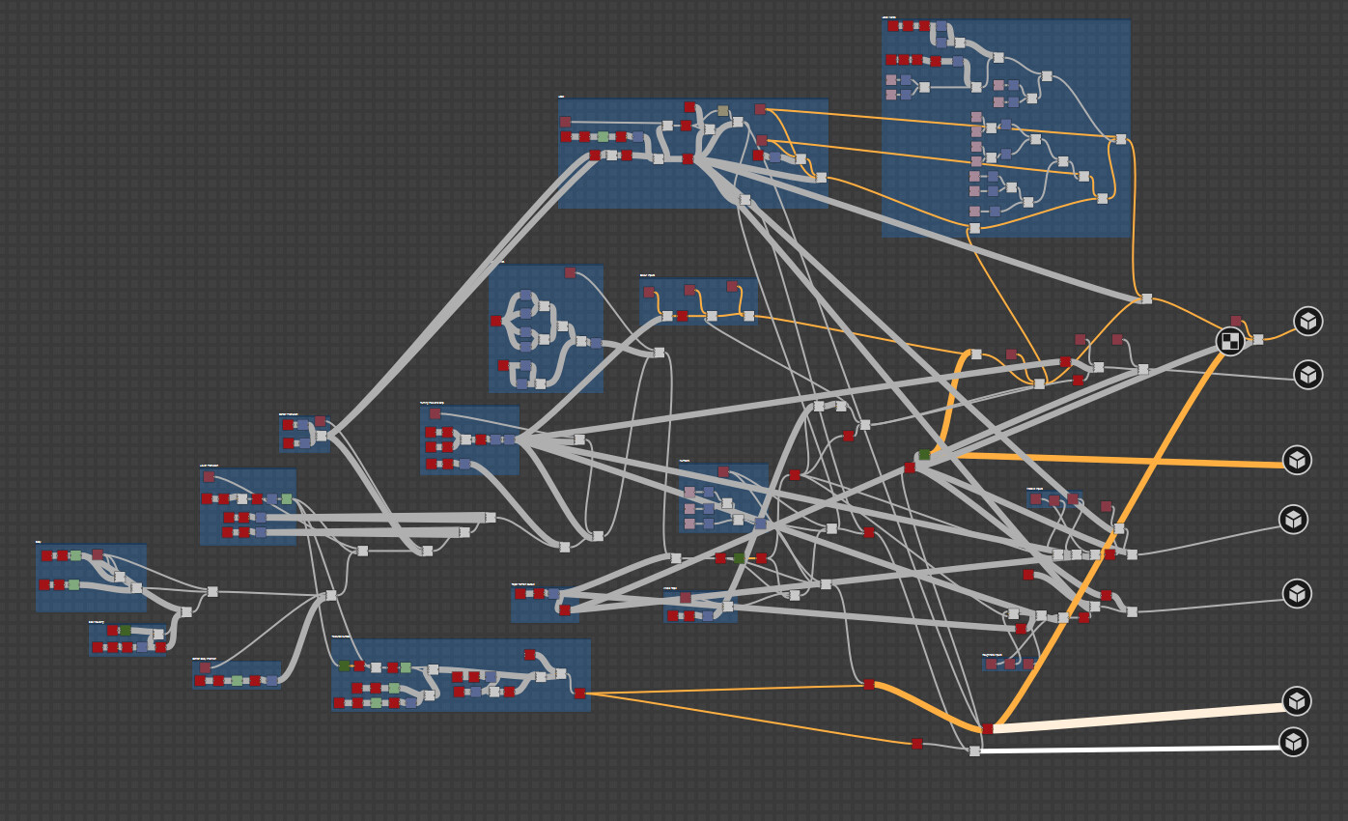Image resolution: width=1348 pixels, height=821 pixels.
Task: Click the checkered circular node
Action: coord(1229,341)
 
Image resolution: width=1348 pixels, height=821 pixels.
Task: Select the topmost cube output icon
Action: coord(1307,321)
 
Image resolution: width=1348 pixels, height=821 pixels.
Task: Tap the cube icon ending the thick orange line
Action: coord(1297,460)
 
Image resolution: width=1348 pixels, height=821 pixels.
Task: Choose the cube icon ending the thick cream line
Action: coord(1297,701)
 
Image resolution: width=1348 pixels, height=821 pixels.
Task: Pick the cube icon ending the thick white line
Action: coord(1294,742)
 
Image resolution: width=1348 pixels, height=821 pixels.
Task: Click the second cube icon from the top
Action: coord(1307,374)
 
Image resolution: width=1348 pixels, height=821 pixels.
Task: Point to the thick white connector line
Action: coord(1130,749)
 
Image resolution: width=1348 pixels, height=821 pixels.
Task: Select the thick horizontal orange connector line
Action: coord(1110,460)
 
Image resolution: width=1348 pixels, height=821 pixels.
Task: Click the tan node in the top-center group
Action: coord(723,111)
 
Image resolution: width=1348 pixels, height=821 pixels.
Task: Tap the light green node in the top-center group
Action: coord(603,137)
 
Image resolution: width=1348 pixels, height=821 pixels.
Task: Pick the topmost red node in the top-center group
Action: coord(689,107)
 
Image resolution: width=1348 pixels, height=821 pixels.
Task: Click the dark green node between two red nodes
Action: coord(739,558)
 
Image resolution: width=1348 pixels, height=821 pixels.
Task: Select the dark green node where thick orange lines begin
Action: coord(924,454)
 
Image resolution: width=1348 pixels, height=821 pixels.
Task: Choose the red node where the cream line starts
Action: coord(987,729)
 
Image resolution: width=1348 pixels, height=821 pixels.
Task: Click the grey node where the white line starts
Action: coord(974,750)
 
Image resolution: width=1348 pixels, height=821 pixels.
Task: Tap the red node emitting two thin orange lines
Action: coord(579,693)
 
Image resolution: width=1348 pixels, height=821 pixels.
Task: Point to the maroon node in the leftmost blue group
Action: coord(97,554)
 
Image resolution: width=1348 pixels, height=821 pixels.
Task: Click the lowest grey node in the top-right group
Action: coord(974,228)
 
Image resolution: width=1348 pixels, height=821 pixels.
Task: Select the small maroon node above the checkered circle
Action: coord(1235,321)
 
